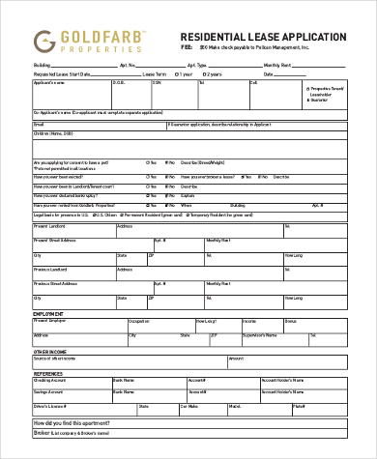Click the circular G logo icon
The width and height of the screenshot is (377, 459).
pyautogui.click(x=43, y=41)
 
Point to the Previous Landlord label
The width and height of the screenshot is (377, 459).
pyautogui.click(x=51, y=268)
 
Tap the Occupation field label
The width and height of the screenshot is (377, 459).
pyautogui.click(x=139, y=319)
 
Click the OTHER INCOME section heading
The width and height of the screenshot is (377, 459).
pyautogui.click(x=51, y=351)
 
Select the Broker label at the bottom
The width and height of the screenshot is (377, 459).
pyautogui.click(x=43, y=435)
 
